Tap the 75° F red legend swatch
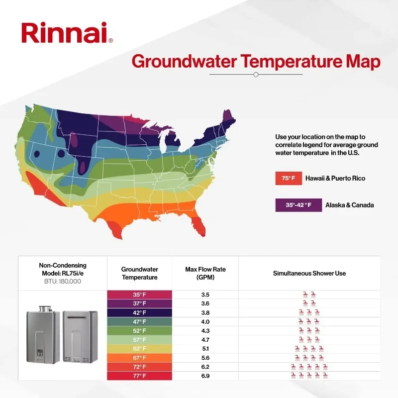point(288,178)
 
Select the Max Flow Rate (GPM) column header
point(205,273)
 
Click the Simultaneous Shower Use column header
point(309,273)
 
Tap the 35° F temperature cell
point(140,295)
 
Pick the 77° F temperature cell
point(140,376)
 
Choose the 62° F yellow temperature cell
point(140,349)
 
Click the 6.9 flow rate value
point(205,376)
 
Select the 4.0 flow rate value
point(205,321)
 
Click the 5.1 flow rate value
point(205,349)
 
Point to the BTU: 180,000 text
point(62,281)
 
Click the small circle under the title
point(256,75)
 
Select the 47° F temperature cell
point(140,321)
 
